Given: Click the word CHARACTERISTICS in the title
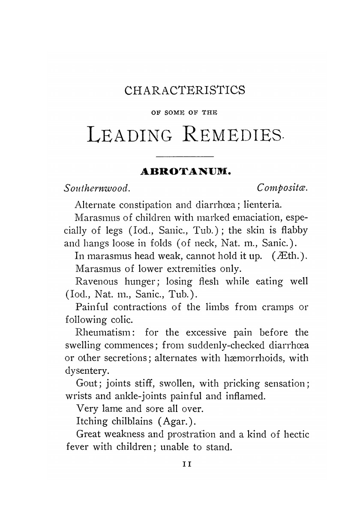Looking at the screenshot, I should click(x=184, y=91).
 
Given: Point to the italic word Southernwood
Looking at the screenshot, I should click(x=97, y=188).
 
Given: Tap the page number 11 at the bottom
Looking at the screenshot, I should click(x=185, y=463).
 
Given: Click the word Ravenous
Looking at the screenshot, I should click(x=93, y=282).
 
